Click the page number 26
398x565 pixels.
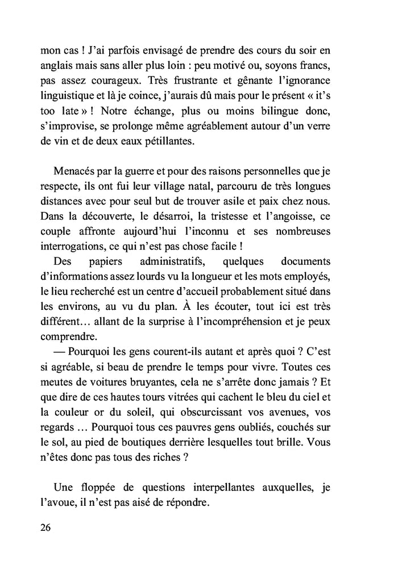(x=46, y=527)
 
